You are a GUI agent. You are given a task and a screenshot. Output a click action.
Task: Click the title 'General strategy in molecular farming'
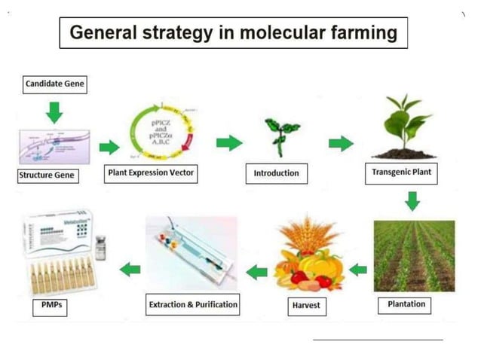click(233, 33)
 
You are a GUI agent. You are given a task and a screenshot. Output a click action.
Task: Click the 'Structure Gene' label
click(47, 176)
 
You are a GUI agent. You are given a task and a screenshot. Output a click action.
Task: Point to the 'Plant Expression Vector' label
click(152, 172)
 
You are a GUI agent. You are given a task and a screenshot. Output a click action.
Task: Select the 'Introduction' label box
click(276, 173)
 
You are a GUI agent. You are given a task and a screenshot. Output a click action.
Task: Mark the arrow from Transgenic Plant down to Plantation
click(412, 201)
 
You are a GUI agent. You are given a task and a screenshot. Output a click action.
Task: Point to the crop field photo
click(414, 256)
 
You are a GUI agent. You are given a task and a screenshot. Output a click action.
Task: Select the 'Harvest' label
click(308, 306)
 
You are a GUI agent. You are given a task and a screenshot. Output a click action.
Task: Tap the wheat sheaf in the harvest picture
click(309, 234)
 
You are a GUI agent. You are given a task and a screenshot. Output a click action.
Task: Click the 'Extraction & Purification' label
click(192, 305)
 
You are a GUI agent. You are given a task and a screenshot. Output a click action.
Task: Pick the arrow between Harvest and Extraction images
click(257, 270)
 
